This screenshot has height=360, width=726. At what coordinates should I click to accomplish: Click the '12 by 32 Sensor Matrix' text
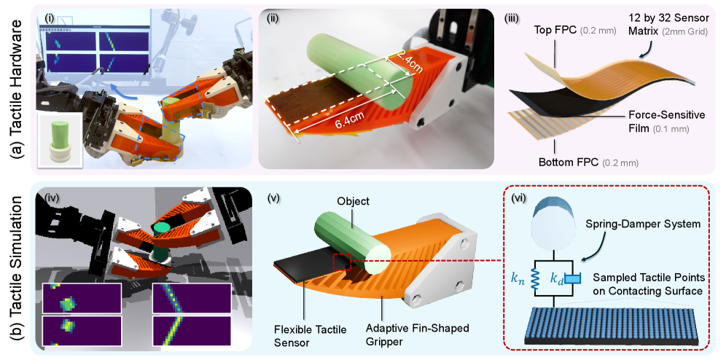[665, 25]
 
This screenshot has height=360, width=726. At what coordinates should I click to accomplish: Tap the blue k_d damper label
[558, 279]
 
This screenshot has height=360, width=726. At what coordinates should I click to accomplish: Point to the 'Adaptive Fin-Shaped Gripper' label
[416, 335]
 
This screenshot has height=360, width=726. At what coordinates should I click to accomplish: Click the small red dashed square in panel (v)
[342, 262]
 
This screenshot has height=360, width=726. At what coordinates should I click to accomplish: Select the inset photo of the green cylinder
[59, 138]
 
